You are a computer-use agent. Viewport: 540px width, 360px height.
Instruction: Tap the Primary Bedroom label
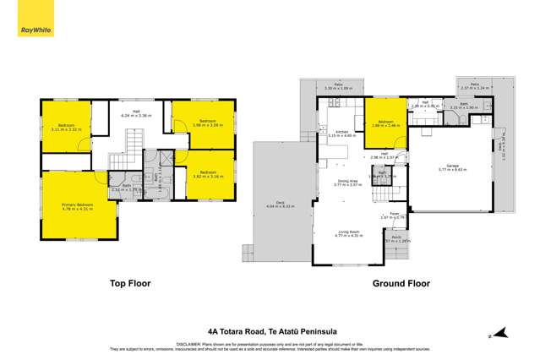pyautogui.click(x=76, y=205)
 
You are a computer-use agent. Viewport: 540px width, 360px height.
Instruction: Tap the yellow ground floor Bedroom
pyautogui.click(x=385, y=123)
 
